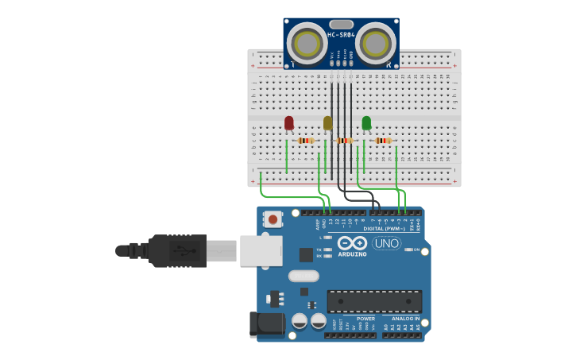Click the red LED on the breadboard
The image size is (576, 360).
(288, 122)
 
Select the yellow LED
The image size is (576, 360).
(327, 122)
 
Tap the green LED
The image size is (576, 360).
(366, 122)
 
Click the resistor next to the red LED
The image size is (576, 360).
(306, 141)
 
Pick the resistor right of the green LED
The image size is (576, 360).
(384, 141)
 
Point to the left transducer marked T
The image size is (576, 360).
(306, 41)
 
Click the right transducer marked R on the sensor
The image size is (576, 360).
(376, 41)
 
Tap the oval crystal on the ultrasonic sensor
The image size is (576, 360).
(341, 25)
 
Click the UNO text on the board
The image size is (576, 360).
(387, 243)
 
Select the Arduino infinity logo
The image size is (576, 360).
(352, 243)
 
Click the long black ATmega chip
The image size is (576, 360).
(374, 301)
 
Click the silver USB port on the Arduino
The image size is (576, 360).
(261, 250)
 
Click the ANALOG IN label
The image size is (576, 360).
(405, 318)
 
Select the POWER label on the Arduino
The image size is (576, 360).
(365, 318)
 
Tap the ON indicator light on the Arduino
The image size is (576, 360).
(408, 250)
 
